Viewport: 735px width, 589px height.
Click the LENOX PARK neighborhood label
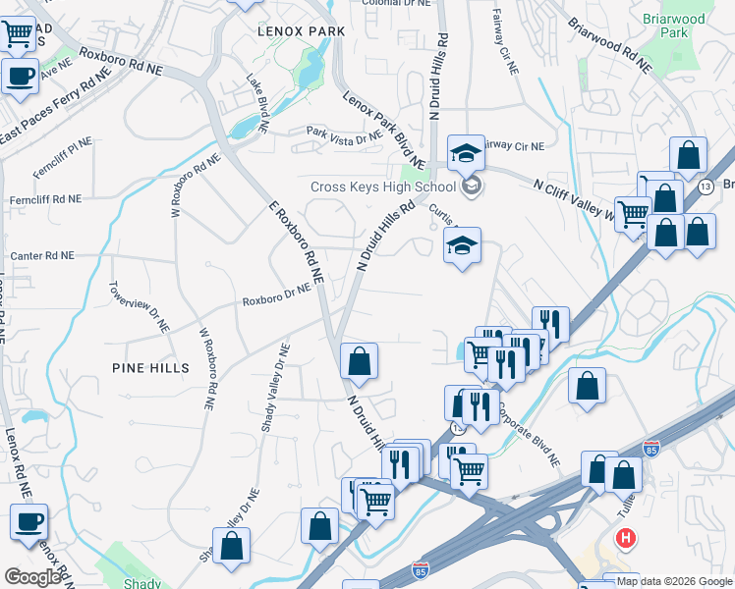[301, 31]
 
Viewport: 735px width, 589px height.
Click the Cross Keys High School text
[382, 187]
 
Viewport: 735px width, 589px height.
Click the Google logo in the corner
[31, 577]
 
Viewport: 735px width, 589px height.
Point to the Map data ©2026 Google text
[674, 581]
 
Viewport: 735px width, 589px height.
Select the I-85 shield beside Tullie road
[650, 449]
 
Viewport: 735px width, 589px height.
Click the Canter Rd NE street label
[41, 255]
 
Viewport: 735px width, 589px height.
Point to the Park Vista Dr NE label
[343, 135]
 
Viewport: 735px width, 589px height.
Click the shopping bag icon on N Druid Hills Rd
[360, 360]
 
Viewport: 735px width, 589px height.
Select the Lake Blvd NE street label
[256, 103]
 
